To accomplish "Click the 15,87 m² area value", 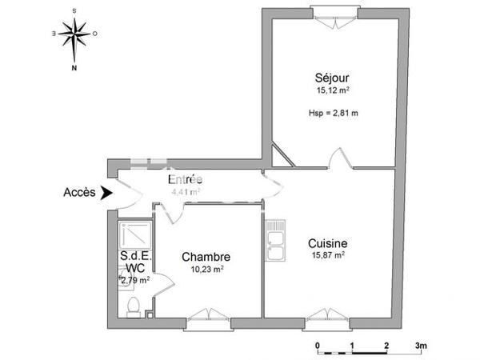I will coord(328,255).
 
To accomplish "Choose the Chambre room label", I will coord(206,257).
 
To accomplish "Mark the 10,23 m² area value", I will coord(206,270).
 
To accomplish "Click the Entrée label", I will coord(184,179).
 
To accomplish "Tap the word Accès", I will coord(79,193).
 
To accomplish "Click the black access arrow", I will coord(108,193).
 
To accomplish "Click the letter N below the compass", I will coord(74,69).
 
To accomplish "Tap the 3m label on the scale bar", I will coord(421,346).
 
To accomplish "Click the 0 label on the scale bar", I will coord(318,346).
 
